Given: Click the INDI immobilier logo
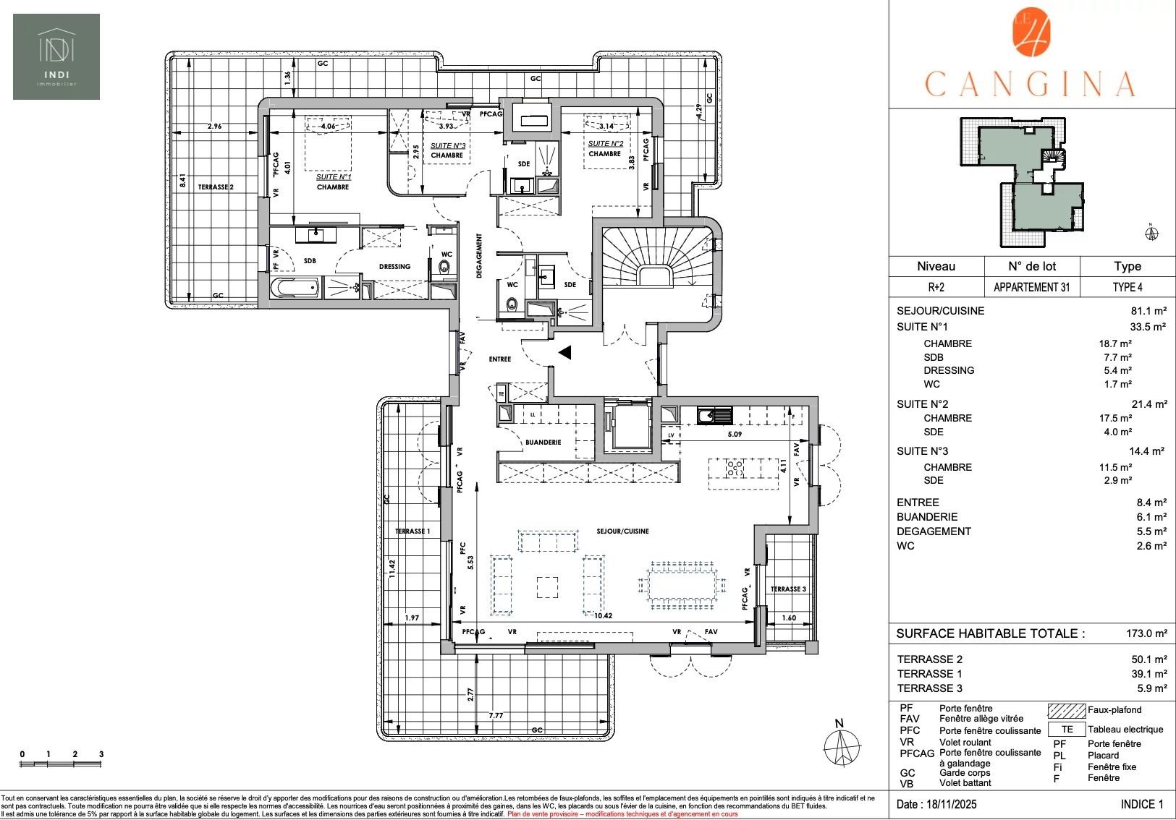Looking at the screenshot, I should [56, 57].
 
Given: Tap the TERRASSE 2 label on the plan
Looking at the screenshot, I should [216, 187].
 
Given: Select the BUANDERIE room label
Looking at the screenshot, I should [543, 443].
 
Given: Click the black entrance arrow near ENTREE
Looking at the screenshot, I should [565, 352].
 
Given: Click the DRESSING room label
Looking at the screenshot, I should [394, 267].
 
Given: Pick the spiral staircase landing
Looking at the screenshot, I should [653, 276].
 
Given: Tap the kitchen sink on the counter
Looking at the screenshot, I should [714, 416].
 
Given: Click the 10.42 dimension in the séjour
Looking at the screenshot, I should [603, 616].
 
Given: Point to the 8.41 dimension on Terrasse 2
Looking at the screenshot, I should [183, 180].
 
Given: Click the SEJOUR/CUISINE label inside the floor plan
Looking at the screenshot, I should [622, 531].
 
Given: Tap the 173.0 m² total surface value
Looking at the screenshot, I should [1146, 633].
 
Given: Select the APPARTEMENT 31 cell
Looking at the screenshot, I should [1031, 287].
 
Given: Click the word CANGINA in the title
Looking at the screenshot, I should [1030, 85].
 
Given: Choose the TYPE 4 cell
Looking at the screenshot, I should [1127, 287].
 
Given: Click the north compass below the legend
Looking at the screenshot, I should [842, 746].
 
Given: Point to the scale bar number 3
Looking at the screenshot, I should [101, 754].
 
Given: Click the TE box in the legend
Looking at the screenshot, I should [1067, 730].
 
